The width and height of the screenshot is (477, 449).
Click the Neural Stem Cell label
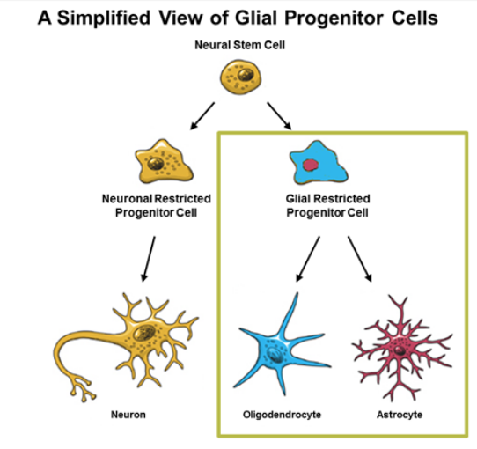[239, 45]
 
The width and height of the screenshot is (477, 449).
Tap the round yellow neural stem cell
[240, 77]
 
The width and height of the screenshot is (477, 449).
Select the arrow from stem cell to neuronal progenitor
[202, 116]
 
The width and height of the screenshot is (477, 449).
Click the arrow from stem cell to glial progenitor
[279, 116]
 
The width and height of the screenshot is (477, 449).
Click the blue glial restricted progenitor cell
[319, 163]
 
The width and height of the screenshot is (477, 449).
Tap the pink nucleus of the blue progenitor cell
[311, 166]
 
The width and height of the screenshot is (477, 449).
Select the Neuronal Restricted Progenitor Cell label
[157, 205]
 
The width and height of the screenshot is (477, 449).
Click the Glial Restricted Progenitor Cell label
[327, 205]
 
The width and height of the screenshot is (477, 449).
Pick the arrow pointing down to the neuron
[149, 259]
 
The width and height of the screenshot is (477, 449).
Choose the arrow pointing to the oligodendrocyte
[308, 259]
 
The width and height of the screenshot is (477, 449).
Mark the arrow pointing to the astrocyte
[360, 259]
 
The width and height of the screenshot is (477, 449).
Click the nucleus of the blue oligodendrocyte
[275, 355]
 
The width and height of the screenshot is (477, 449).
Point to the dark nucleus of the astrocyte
[399, 350]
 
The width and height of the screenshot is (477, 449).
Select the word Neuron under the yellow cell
[128, 415]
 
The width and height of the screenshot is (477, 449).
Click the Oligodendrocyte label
[282, 415]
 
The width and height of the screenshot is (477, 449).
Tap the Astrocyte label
[400, 415]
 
